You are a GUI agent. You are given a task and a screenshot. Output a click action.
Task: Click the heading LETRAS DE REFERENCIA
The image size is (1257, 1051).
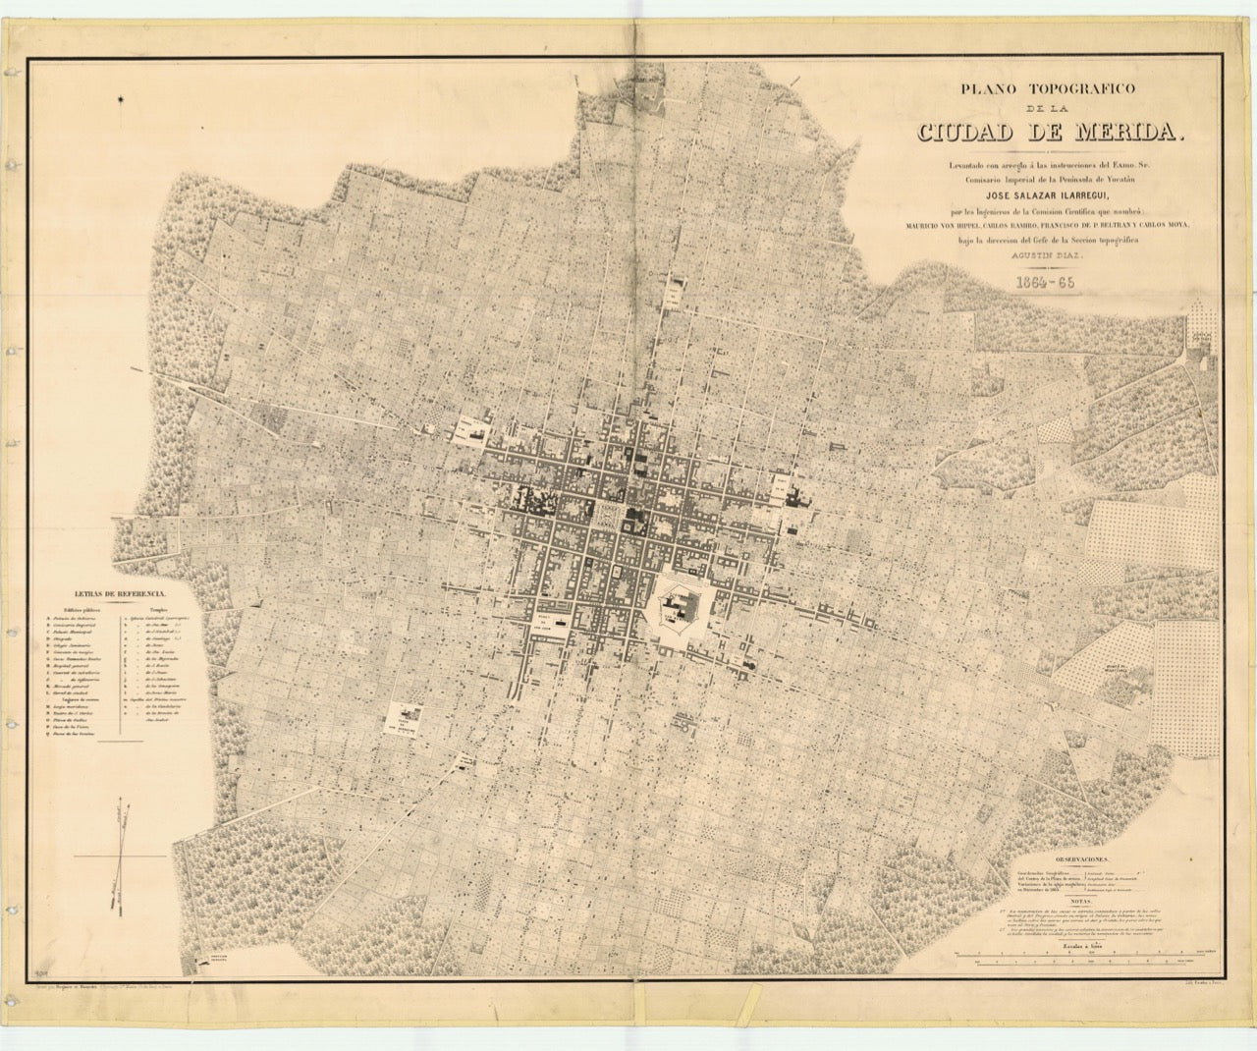click(115, 595)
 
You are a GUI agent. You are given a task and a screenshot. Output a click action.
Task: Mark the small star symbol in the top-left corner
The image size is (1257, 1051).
click(121, 97)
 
